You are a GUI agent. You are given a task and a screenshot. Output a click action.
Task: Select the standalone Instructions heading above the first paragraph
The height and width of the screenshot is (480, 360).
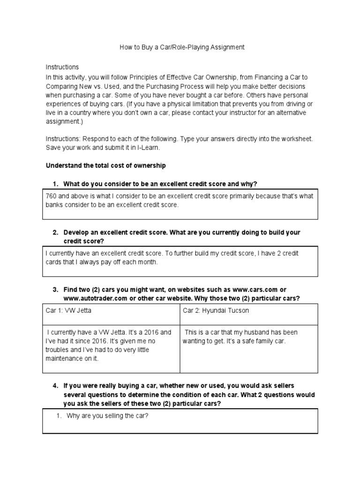[x=62, y=67]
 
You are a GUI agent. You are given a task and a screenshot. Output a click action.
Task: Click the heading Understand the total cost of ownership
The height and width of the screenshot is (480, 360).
[x=105, y=166]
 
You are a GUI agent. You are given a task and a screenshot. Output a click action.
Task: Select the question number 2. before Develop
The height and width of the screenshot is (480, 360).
[x=55, y=232]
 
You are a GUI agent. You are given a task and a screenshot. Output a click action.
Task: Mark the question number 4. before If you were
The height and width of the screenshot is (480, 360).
[x=55, y=386]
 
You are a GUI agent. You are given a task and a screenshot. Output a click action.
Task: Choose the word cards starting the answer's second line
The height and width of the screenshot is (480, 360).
[x=54, y=262]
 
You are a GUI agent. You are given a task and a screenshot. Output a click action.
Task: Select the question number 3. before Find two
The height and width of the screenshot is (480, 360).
[x=55, y=289]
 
